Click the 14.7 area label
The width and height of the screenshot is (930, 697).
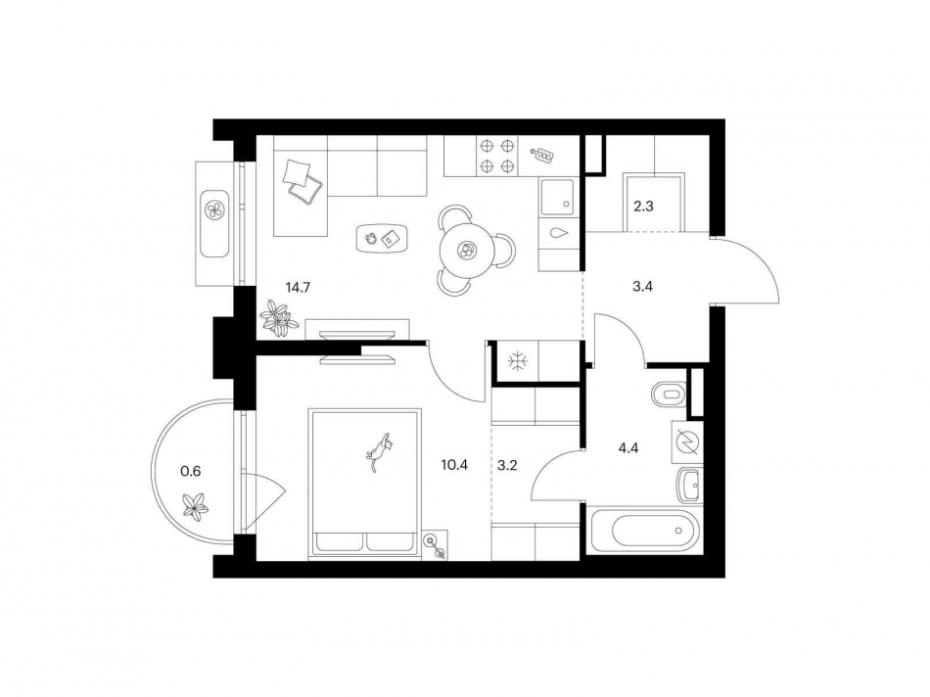(x=300, y=288)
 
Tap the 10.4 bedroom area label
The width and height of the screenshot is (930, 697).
(x=455, y=465)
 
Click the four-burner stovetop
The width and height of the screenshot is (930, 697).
(x=496, y=156)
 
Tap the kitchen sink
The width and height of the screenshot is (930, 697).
(x=559, y=198)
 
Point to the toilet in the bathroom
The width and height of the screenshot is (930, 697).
(x=668, y=394)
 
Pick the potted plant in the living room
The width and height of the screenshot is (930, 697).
(x=278, y=319)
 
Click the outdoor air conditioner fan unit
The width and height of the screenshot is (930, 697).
(x=214, y=209)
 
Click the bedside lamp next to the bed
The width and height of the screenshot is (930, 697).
(x=433, y=544)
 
